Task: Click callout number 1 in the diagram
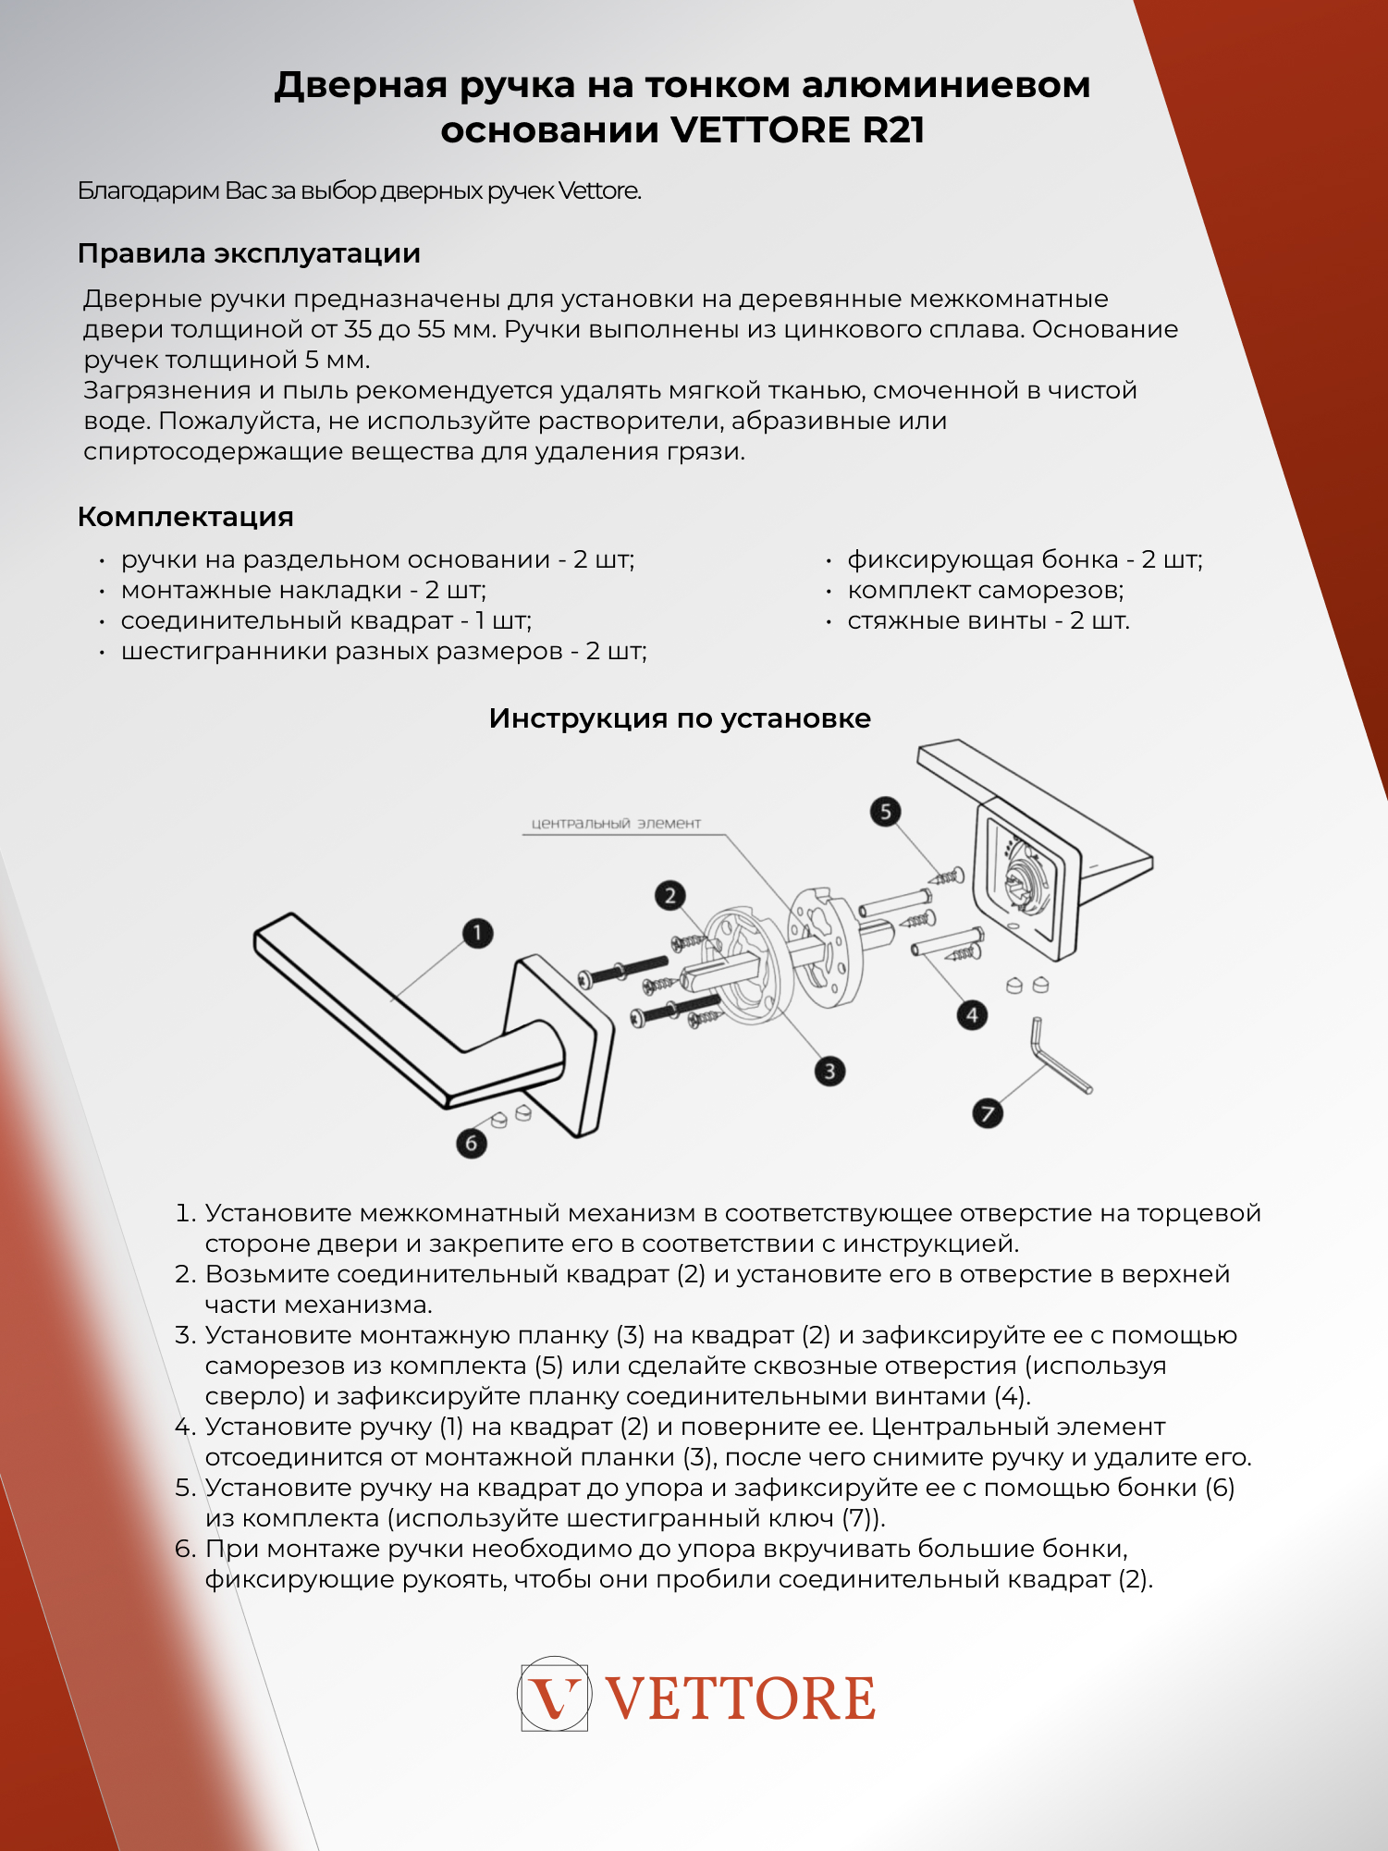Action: pyautogui.click(x=477, y=933)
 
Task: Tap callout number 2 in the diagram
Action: pyautogui.click(x=670, y=895)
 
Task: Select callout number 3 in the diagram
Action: pyautogui.click(x=829, y=1071)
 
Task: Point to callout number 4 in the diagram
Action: pyautogui.click(x=972, y=1015)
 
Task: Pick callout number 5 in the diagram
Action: pyautogui.click(x=886, y=812)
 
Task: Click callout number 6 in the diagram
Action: pyautogui.click(x=472, y=1143)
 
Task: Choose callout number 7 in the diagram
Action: pyautogui.click(x=988, y=1113)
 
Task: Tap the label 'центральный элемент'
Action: pyautogui.click(x=616, y=823)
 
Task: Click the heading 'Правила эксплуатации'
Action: pyautogui.click(x=249, y=253)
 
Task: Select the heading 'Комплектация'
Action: pyautogui.click(x=186, y=517)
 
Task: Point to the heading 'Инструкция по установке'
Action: pyautogui.click(x=680, y=718)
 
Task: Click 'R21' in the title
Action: pyautogui.click(x=893, y=130)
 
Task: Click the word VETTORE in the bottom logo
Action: pyautogui.click(x=741, y=1699)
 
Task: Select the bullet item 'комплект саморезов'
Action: pyautogui.click(x=986, y=590)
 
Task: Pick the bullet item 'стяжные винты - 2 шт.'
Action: pyautogui.click(x=989, y=620)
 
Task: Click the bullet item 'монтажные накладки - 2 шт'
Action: pyautogui.click(x=303, y=590)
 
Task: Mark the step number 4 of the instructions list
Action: pyautogui.click(x=186, y=1427)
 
